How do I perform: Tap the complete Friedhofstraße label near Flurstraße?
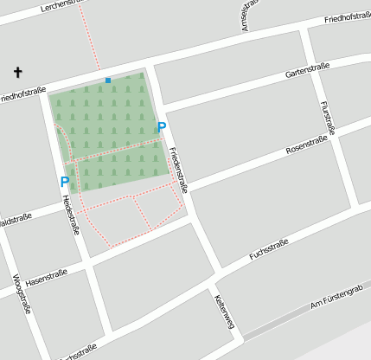tap(348, 17)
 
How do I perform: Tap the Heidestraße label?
tap(71, 213)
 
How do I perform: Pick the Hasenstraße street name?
tap(47, 278)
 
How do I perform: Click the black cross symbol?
tap(17, 72)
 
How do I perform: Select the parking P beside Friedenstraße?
tap(161, 128)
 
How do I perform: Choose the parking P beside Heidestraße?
tap(64, 182)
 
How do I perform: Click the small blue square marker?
tap(108, 80)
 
